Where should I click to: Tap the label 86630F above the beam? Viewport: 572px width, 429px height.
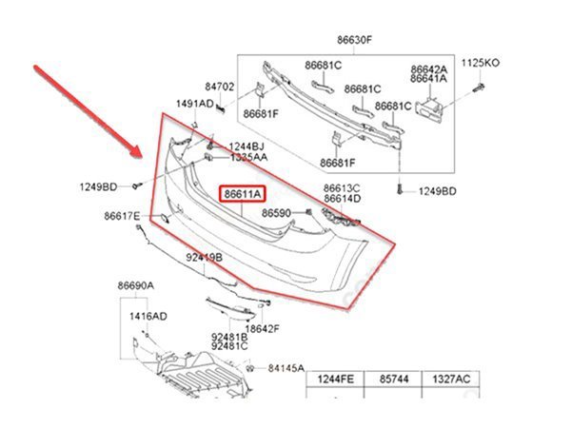(354, 42)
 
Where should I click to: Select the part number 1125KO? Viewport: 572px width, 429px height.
(480, 63)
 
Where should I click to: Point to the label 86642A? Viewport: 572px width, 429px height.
(428, 69)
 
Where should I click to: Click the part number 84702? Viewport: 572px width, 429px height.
(221, 87)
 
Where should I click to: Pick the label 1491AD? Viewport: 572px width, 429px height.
(193, 104)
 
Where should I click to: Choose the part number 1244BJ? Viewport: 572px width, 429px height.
(247, 146)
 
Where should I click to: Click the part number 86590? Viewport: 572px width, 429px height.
(277, 214)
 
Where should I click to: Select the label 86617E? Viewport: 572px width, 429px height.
(123, 216)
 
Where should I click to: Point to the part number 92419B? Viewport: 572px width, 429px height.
(204, 257)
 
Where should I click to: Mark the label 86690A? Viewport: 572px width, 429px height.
(136, 285)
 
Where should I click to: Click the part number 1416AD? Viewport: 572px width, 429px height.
(148, 315)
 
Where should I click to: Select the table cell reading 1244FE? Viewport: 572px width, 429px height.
(334, 380)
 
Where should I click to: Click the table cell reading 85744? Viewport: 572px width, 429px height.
(393, 380)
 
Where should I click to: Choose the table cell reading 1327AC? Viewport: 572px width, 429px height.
(451, 380)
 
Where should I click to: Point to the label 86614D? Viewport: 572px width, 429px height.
(342, 199)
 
